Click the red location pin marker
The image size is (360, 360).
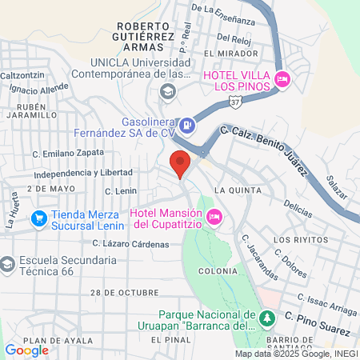[x=180, y=163]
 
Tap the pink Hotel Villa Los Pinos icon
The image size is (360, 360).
[x=282, y=79]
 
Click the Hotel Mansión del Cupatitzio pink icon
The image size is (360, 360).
[x=214, y=216]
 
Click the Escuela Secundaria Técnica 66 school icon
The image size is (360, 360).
[x=6, y=263]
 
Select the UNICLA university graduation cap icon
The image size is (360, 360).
[x=167, y=90]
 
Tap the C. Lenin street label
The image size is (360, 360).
[x=121, y=191]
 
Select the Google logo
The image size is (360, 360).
[x=26, y=350]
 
